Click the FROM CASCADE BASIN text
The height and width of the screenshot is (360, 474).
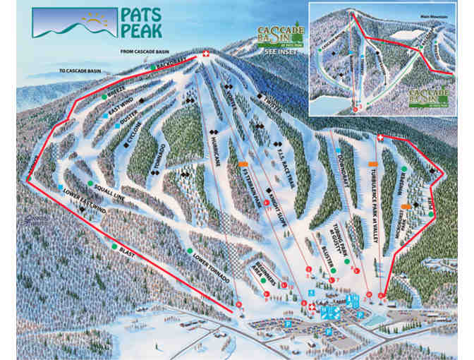click(150, 50)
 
